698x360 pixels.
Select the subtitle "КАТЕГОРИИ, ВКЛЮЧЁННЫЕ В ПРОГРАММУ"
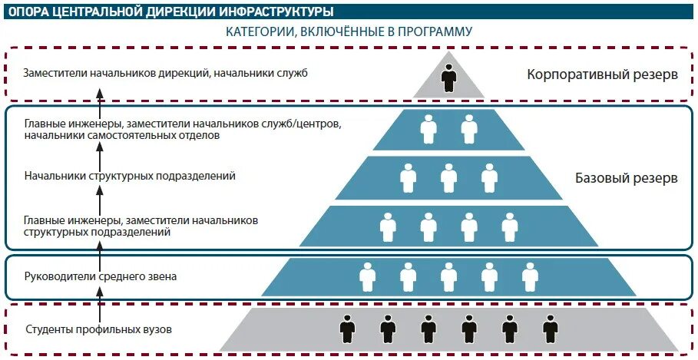pos(349,31)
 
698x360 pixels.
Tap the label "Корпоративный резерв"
pos(602,75)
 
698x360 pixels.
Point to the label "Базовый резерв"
pos(627,178)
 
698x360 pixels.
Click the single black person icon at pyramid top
pos(448,78)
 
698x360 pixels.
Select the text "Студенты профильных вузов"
pos(98,330)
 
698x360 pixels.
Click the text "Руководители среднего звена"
pos(100,276)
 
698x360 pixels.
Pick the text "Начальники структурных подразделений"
pos(129,176)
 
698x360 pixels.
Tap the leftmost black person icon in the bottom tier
pos(347,330)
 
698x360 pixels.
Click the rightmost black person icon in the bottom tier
pos(550,330)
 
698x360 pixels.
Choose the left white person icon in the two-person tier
pos(428,128)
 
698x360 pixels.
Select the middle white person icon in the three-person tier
pos(448,178)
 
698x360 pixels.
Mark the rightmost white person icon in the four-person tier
pos(510,226)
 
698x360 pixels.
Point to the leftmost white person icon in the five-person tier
pos(368,276)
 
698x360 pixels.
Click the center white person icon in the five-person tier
pos(448,276)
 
